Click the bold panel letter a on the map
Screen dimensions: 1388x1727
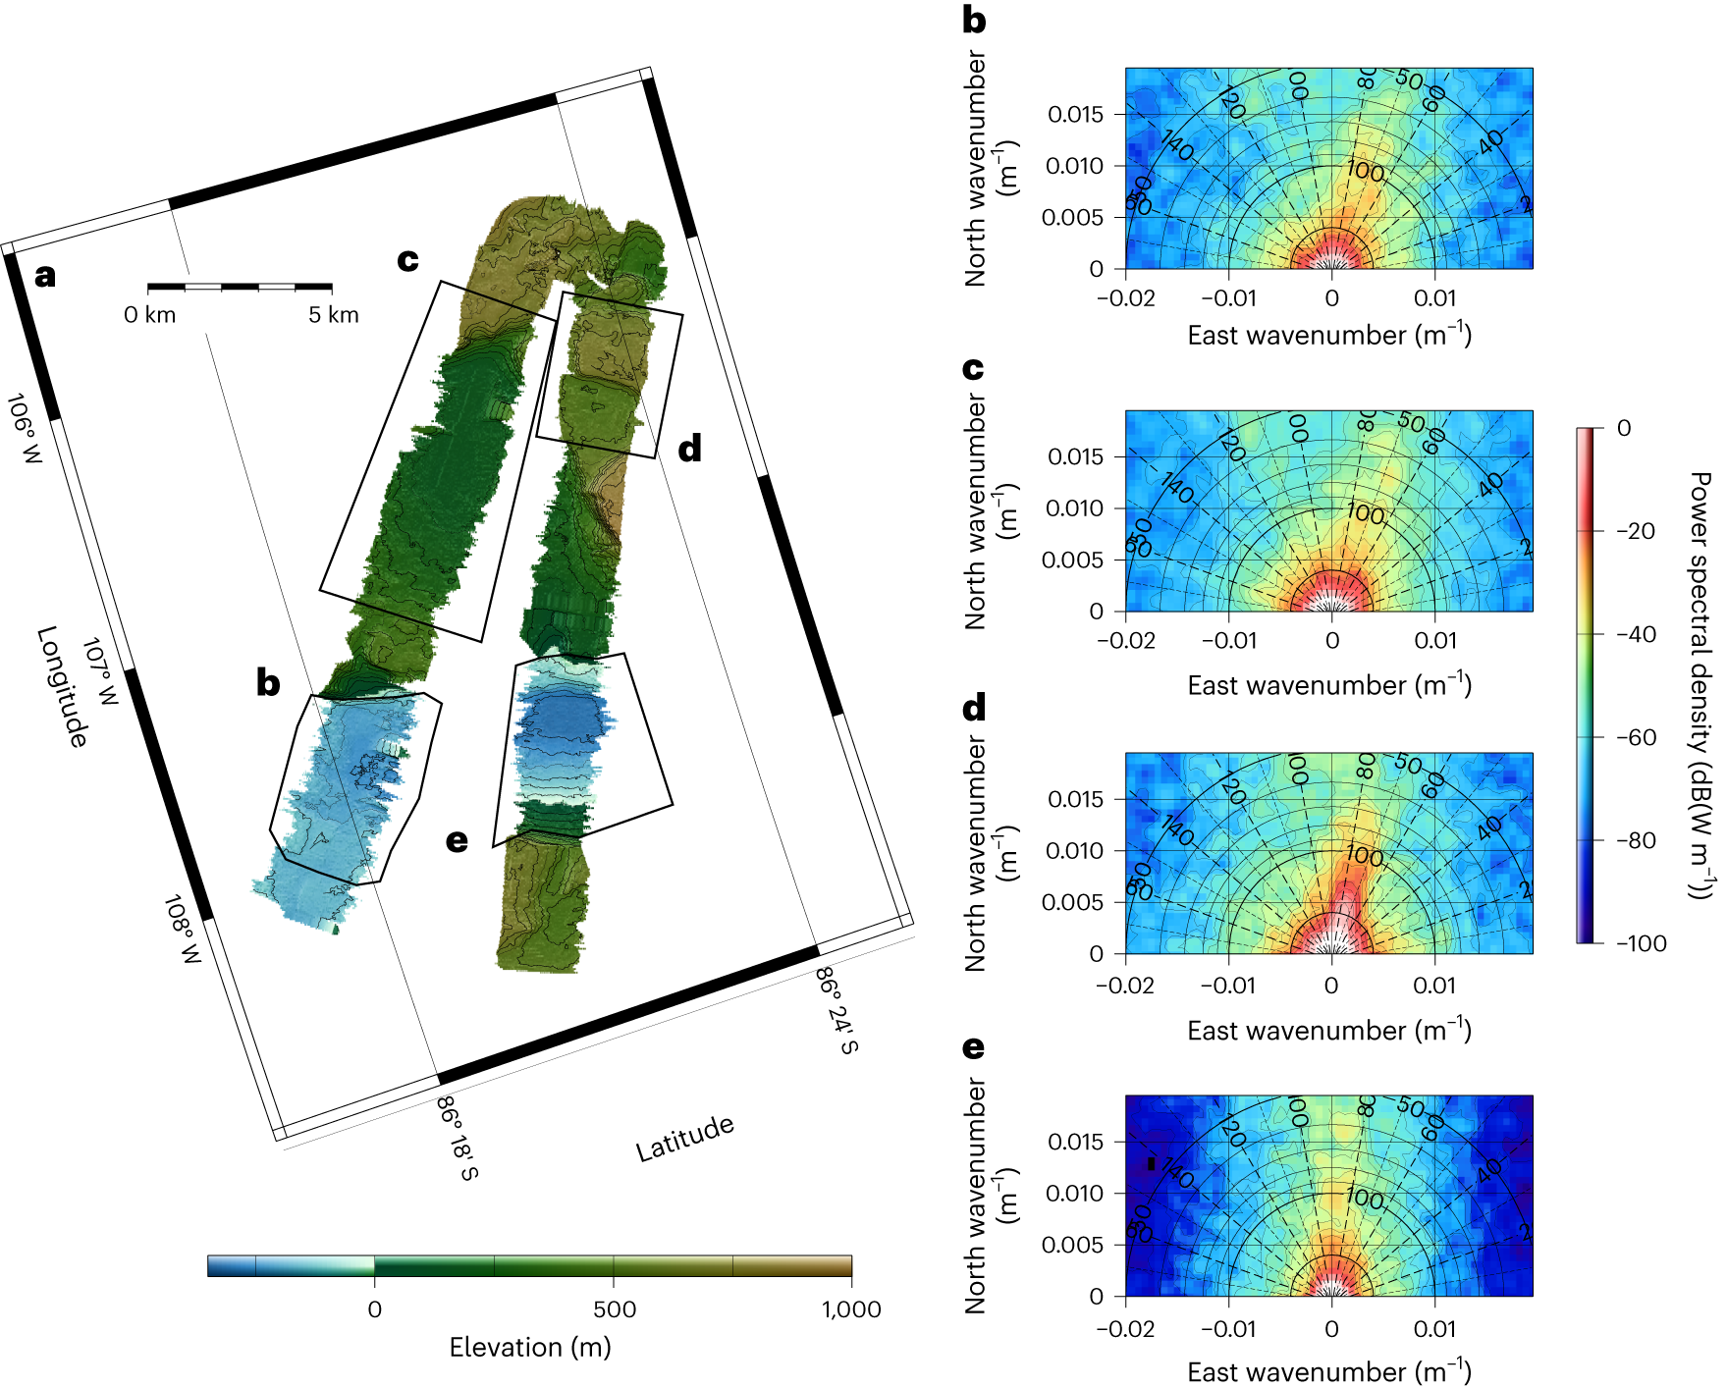[44, 276]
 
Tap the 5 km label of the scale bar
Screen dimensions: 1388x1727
[334, 315]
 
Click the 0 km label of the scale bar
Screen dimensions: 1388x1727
[149, 315]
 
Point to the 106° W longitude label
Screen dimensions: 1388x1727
[26, 429]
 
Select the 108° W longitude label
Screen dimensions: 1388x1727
[182, 929]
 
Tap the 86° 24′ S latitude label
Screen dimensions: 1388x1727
[837, 1010]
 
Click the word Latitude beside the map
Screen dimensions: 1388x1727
[684, 1139]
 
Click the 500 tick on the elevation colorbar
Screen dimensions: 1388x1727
[614, 1309]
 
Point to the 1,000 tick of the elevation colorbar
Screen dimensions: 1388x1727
[851, 1309]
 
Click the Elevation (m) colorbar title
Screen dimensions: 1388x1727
[530, 1347]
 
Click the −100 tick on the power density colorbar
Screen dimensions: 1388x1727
[1642, 943]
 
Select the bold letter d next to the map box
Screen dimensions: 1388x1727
[690, 449]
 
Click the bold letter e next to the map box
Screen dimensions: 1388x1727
[457, 841]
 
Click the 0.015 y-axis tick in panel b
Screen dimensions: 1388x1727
[1075, 115]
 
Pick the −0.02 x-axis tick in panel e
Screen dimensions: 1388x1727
[1125, 1329]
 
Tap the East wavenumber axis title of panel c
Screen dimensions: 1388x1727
[1328, 684]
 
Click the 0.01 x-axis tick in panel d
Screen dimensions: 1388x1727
[1434, 985]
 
